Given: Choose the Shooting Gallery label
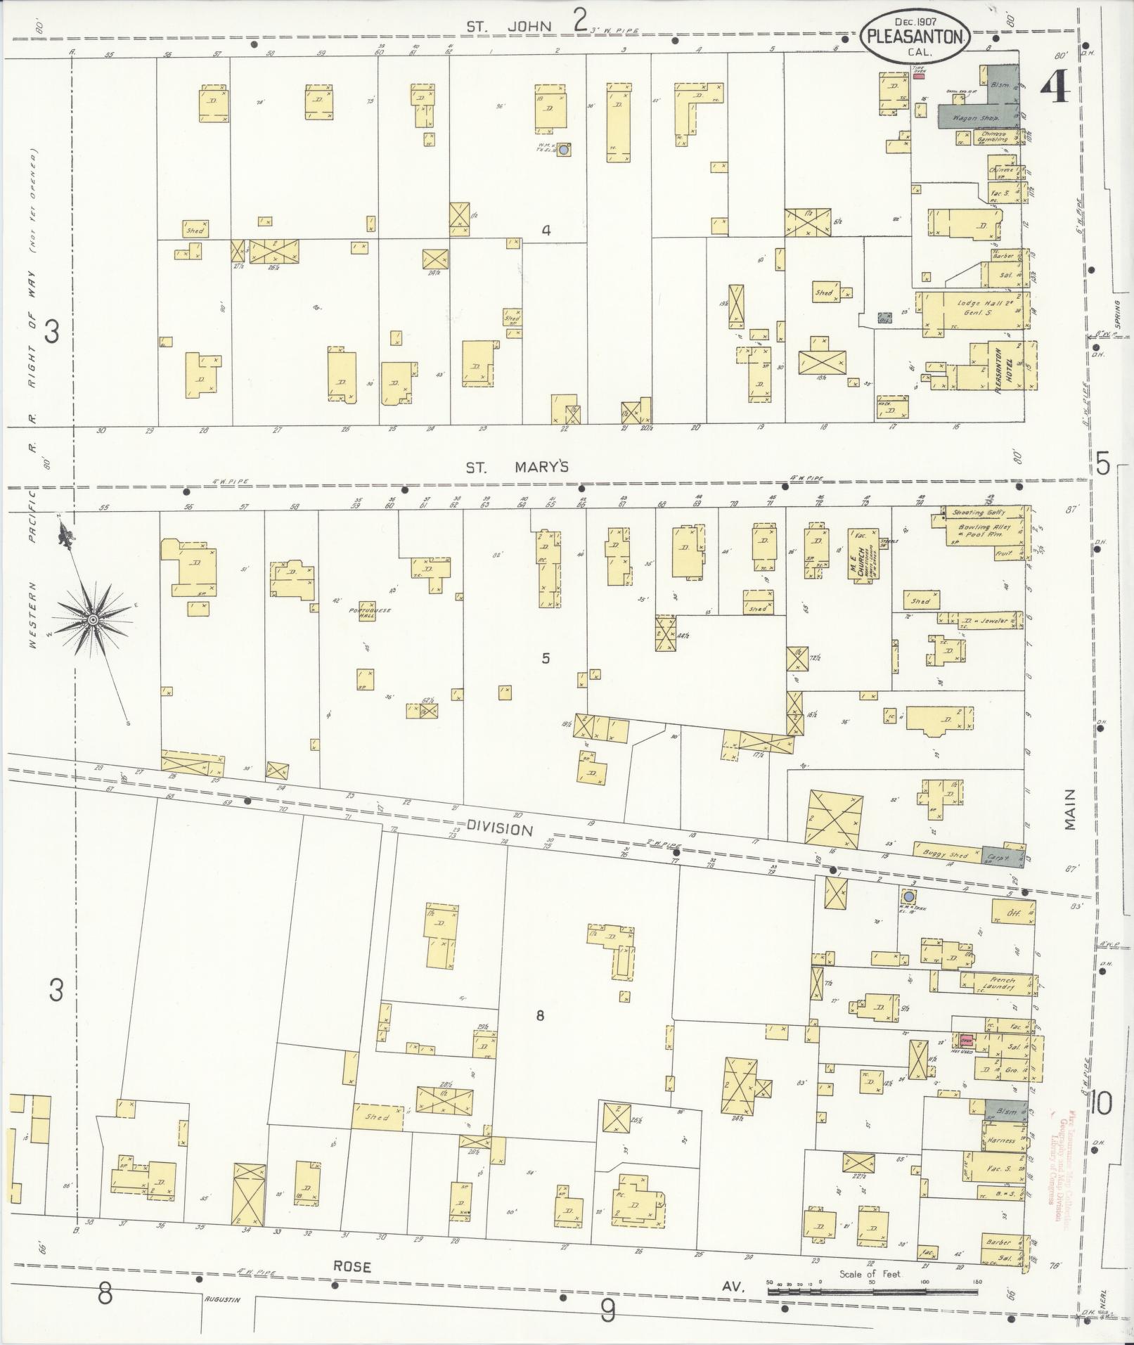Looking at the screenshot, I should click(979, 513).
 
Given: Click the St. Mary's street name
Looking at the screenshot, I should click(517, 468).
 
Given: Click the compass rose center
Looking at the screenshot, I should click(92, 619).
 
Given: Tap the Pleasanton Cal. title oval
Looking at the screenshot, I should click(914, 39).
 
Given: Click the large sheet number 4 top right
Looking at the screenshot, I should click(1055, 88).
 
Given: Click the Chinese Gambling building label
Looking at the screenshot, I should click(993, 136).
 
